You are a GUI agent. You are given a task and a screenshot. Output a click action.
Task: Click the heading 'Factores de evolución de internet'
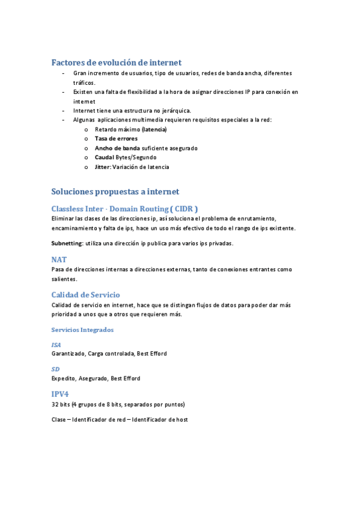tap(117, 63)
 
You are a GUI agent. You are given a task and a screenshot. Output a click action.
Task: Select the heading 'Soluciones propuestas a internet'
tap(115, 191)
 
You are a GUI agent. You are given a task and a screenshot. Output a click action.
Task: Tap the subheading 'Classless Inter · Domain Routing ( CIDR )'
tap(124, 208)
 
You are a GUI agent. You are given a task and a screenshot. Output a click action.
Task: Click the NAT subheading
tap(59, 259)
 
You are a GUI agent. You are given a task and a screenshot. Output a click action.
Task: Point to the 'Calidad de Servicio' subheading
tap(85, 295)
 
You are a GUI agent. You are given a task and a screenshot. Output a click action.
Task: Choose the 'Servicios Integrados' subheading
tap(82, 330)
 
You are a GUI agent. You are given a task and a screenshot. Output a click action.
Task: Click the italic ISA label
tap(56, 345)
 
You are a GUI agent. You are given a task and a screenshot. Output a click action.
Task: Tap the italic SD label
tap(55, 369)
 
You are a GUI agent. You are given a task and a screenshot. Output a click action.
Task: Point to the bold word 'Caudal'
tap(105, 157)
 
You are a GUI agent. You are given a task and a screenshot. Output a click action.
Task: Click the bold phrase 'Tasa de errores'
tap(116, 138)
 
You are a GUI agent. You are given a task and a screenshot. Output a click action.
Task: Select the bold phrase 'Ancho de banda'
tap(117, 148)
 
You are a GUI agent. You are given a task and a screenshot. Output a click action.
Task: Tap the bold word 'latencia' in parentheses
tap(154, 129)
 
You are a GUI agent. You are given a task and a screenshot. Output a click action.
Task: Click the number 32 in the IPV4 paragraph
tap(55, 404)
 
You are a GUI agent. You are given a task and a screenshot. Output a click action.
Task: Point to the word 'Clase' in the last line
tap(59, 419)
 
